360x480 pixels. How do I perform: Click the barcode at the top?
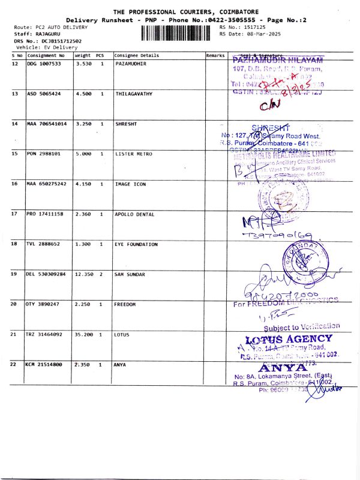click(x=176, y=32)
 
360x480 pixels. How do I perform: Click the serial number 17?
click(x=14, y=214)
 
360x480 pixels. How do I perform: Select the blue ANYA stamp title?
click(x=281, y=367)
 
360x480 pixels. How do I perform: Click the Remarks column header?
click(x=215, y=55)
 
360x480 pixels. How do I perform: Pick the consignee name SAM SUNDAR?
click(x=130, y=274)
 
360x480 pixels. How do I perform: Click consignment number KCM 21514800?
click(x=44, y=364)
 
